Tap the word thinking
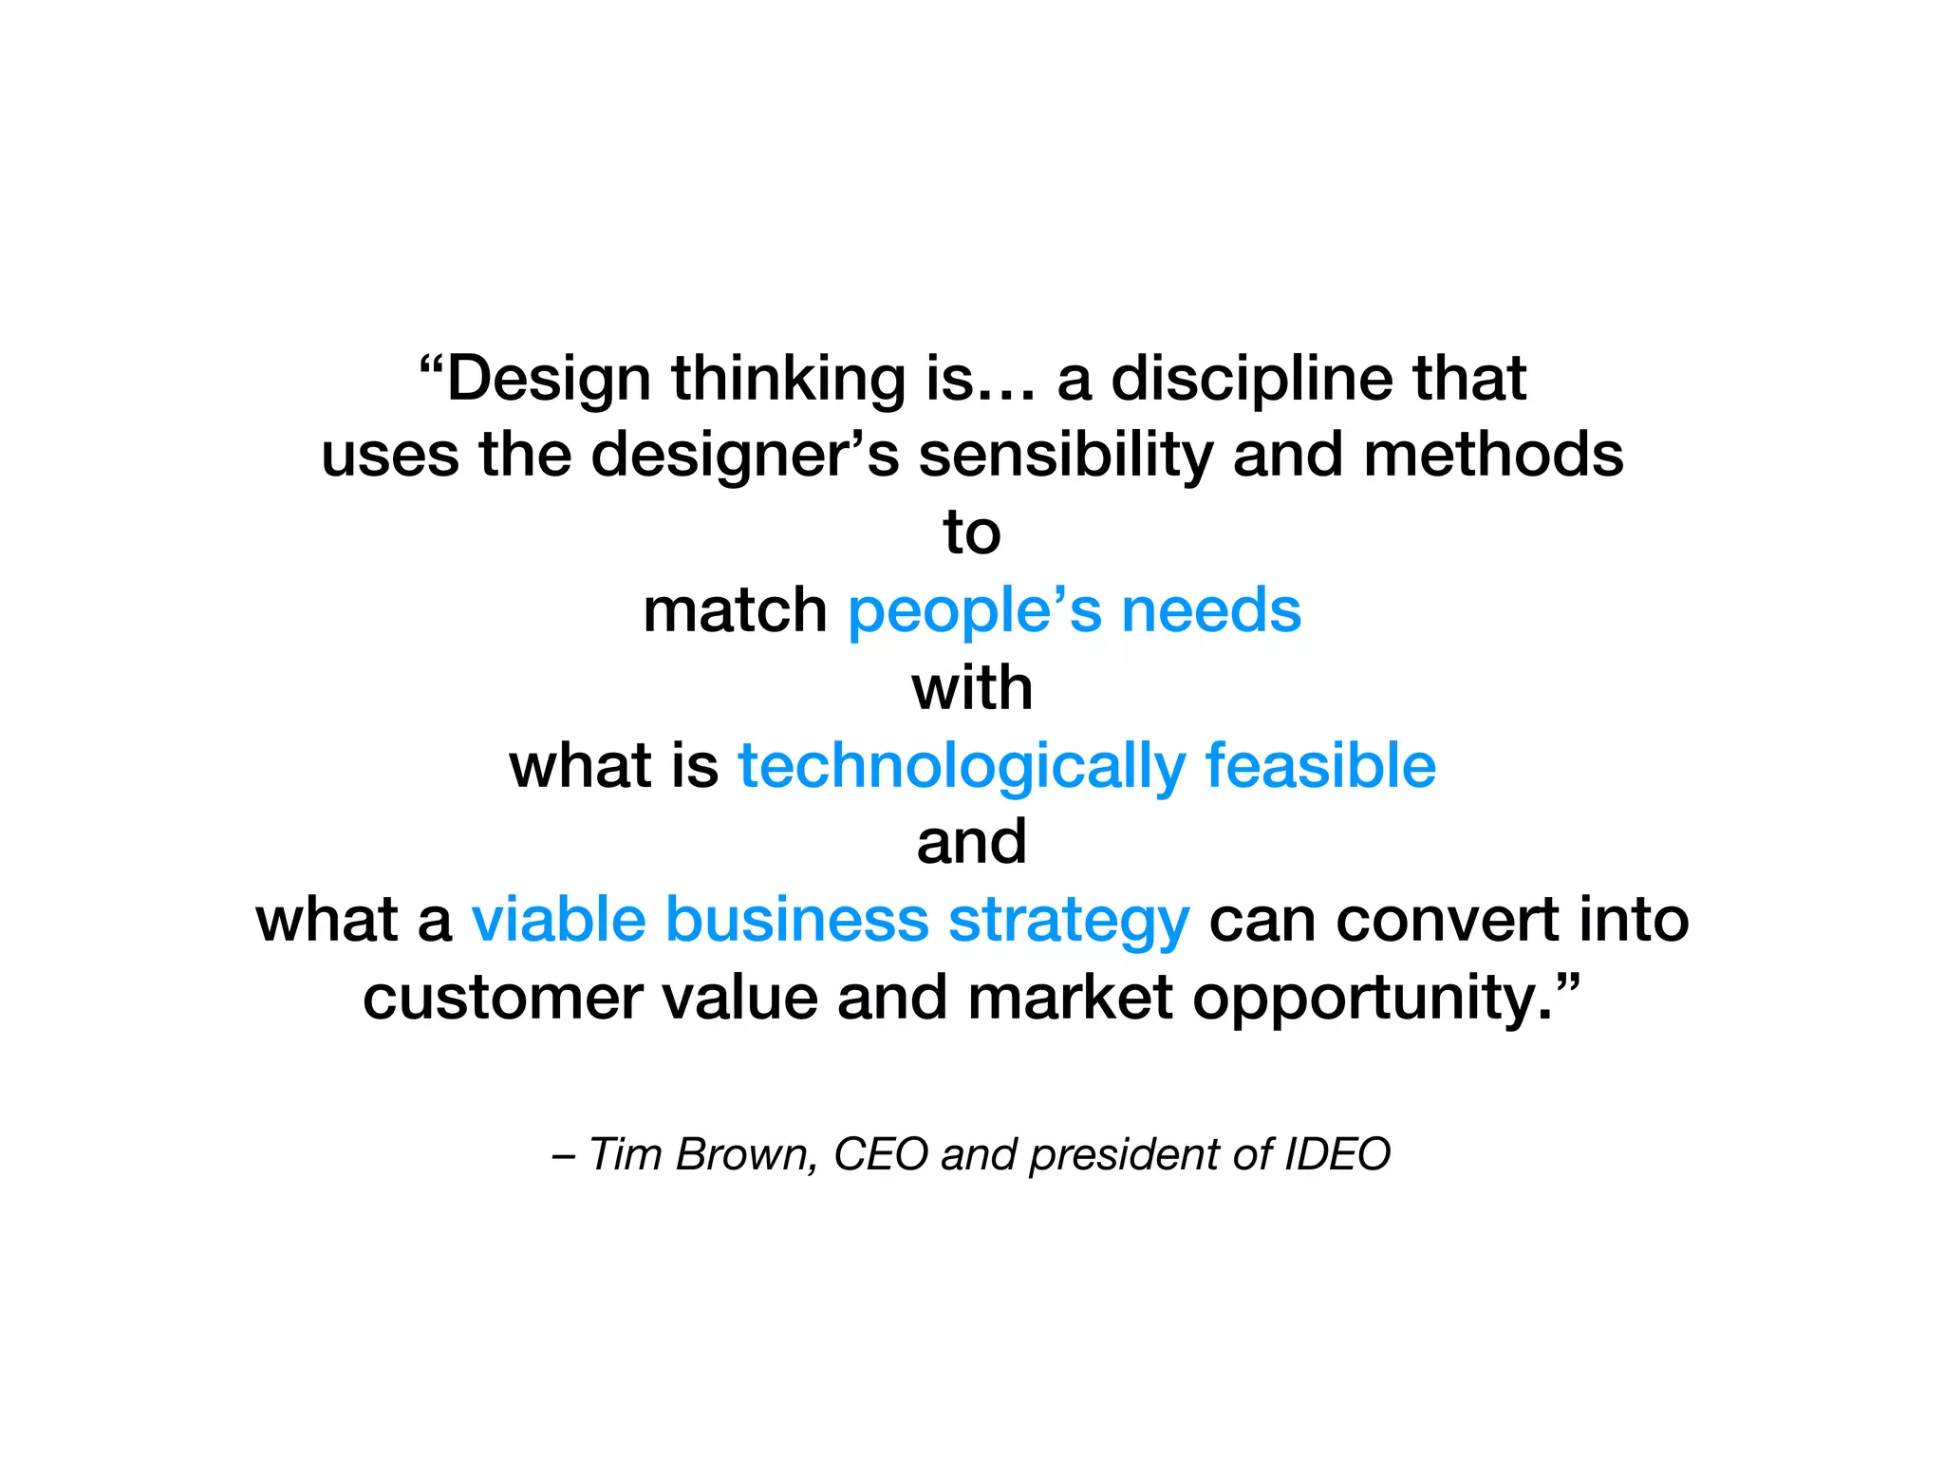(x=789, y=380)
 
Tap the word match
(x=735, y=610)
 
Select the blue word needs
(x=1211, y=610)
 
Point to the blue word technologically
(x=962, y=767)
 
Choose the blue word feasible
(x=1320, y=765)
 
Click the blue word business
(x=796, y=920)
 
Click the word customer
(x=503, y=998)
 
